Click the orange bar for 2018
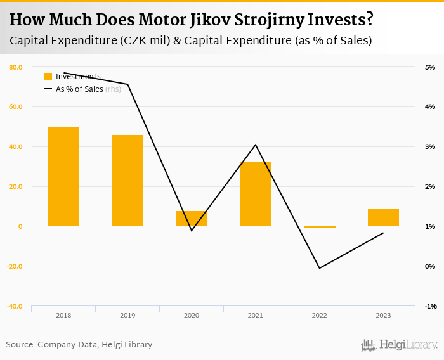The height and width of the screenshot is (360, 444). pyautogui.click(x=63, y=176)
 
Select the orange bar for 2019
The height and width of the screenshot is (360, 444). pyautogui.click(x=127, y=181)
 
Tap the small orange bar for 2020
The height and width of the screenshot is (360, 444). pyautogui.click(x=192, y=219)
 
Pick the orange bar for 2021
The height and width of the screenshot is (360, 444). pyautogui.click(x=256, y=194)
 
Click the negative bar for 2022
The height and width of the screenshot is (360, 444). pyautogui.click(x=320, y=227)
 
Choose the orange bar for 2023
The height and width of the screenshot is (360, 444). pyautogui.click(x=383, y=217)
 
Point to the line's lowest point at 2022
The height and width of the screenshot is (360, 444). pyautogui.click(x=320, y=268)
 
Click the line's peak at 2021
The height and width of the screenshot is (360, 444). pyautogui.click(x=256, y=145)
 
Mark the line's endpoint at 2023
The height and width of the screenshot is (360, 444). pyautogui.click(x=383, y=233)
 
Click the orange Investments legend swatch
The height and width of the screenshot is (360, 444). pyautogui.click(x=48, y=77)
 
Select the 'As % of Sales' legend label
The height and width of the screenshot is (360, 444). pyautogui.click(x=79, y=89)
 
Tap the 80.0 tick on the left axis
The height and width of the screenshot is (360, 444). pyautogui.click(x=16, y=67)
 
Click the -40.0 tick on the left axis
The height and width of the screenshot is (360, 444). pyautogui.click(x=15, y=306)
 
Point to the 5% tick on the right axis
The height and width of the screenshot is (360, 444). pyautogui.click(x=430, y=67)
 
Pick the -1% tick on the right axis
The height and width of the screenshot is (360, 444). pyautogui.click(x=430, y=306)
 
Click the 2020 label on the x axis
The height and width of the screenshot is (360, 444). pyautogui.click(x=192, y=315)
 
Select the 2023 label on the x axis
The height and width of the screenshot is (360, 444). pyautogui.click(x=383, y=315)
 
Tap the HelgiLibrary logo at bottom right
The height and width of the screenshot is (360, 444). pyautogui.click(x=400, y=345)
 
